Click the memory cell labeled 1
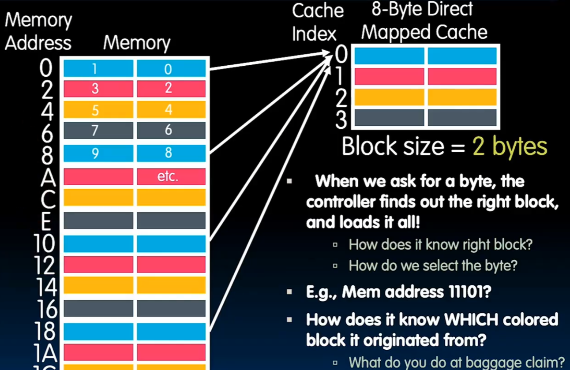coord(98,69)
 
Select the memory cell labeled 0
coord(171,69)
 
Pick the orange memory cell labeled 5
coord(98,110)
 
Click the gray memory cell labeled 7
coord(98,131)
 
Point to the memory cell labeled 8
coord(171,153)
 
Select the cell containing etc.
coord(171,177)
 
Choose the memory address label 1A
coord(45,352)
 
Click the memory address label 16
coord(45,309)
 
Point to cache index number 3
coord(341,119)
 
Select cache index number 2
coord(341,98)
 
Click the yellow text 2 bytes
coord(510,146)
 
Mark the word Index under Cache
coord(314,34)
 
